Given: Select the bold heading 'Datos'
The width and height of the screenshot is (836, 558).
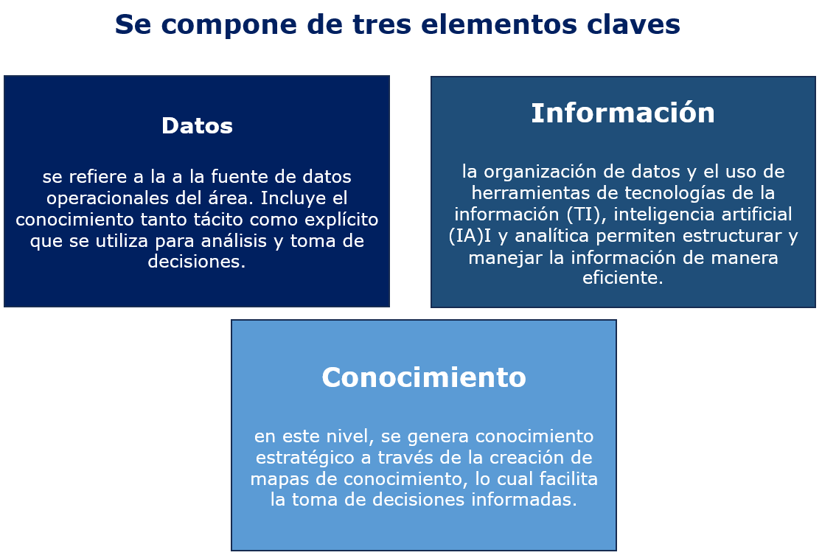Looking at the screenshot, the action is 198,126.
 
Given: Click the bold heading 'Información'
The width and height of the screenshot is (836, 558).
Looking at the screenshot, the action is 623,113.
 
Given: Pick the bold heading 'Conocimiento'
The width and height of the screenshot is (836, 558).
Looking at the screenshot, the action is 424,377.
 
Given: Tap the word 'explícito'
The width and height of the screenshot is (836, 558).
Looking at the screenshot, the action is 341,220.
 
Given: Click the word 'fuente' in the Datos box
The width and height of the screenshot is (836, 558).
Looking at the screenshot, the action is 240,176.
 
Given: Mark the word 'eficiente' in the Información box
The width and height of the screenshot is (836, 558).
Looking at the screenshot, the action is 620,278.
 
